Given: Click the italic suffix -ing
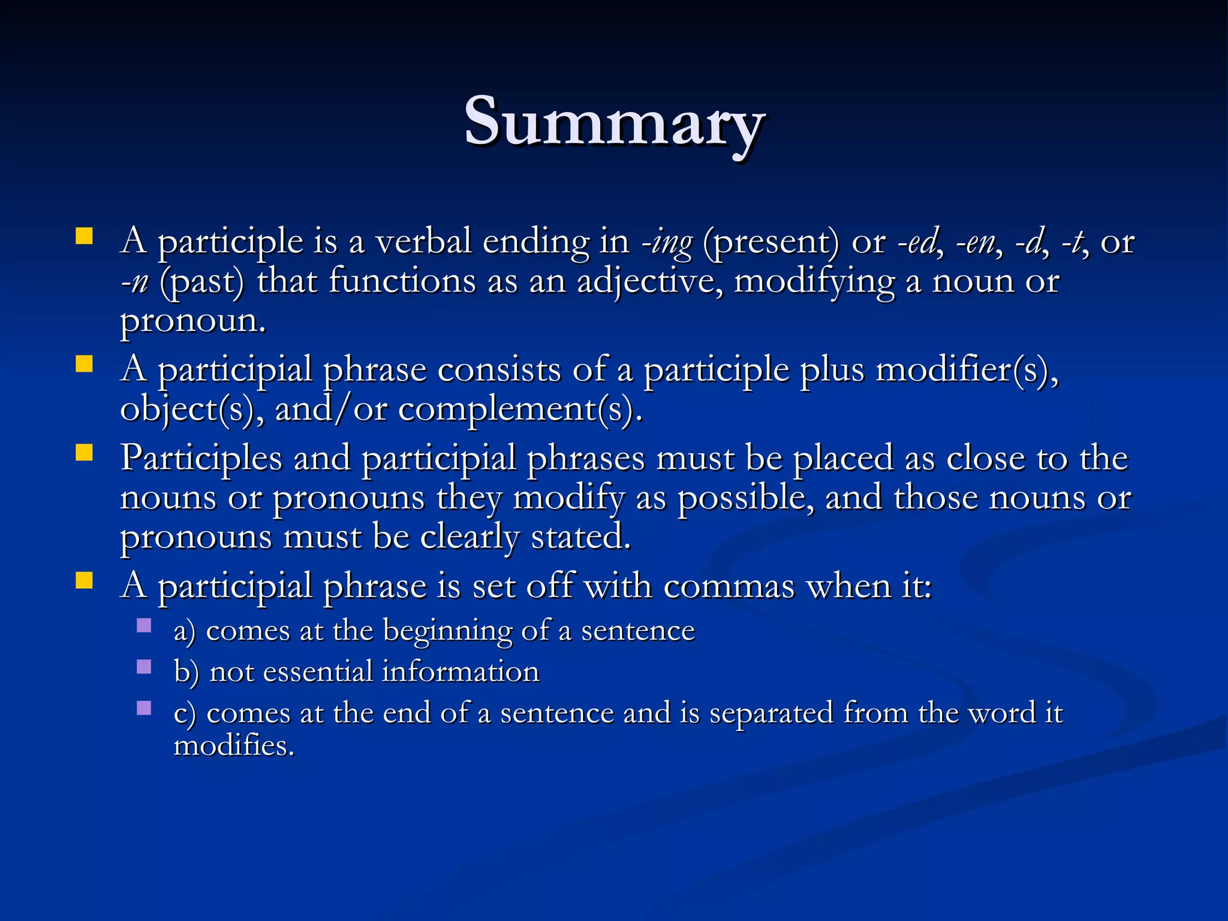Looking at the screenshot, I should click(x=667, y=243).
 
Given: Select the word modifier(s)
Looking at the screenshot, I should click(x=966, y=370).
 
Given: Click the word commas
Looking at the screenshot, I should click(x=729, y=586).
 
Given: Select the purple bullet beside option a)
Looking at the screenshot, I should click(x=144, y=626).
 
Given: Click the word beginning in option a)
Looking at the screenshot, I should click(x=447, y=631).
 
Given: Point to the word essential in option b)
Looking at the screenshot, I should click(x=317, y=671).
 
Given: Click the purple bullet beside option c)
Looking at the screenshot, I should click(x=144, y=708).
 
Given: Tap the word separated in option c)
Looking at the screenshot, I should click(x=770, y=714).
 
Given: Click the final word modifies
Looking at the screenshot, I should click(x=233, y=746).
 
